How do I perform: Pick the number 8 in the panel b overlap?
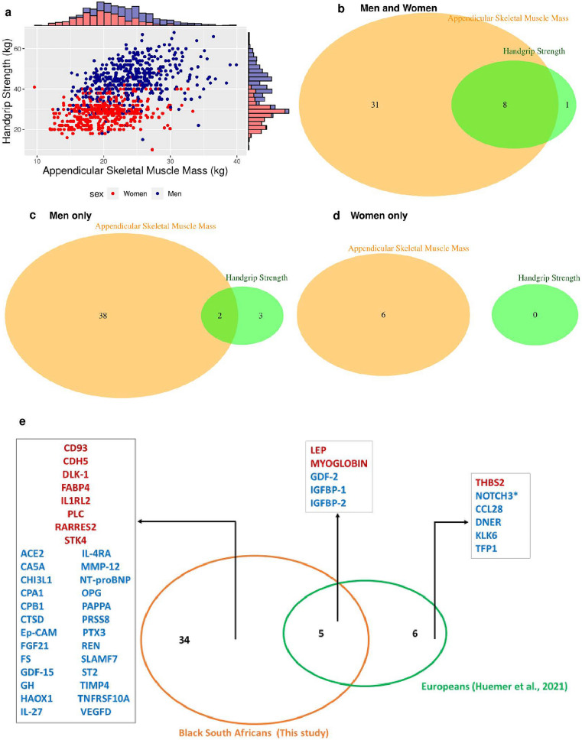pos(505,103)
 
